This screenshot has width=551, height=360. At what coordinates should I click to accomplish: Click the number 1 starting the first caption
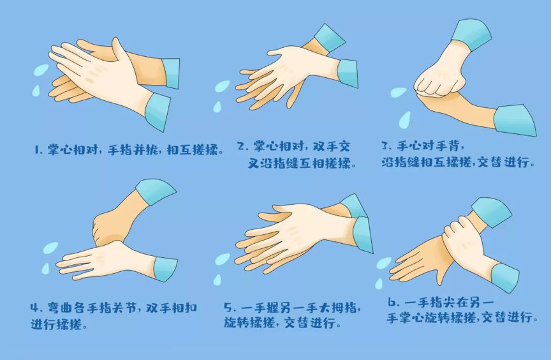[x=37, y=150]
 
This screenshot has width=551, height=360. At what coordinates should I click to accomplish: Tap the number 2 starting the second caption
[x=241, y=146]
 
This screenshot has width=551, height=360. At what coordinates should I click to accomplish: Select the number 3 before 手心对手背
[x=385, y=145]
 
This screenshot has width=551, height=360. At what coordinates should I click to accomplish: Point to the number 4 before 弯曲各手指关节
[x=34, y=308]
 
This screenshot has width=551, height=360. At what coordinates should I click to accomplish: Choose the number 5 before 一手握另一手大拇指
[x=228, y=307]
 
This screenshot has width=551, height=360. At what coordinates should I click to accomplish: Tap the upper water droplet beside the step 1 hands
[x=41, y=71]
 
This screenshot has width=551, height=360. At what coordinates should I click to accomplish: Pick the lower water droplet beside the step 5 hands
[x=217, y=280]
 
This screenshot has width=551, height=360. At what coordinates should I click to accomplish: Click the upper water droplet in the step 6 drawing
[x=384, y=263]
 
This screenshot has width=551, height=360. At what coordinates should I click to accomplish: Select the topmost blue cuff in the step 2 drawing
[x=329, y=38]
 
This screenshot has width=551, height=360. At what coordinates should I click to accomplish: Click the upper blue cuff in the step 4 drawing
[x=156, y=191]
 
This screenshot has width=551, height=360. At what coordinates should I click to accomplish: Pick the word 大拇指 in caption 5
[x=339, y=308]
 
